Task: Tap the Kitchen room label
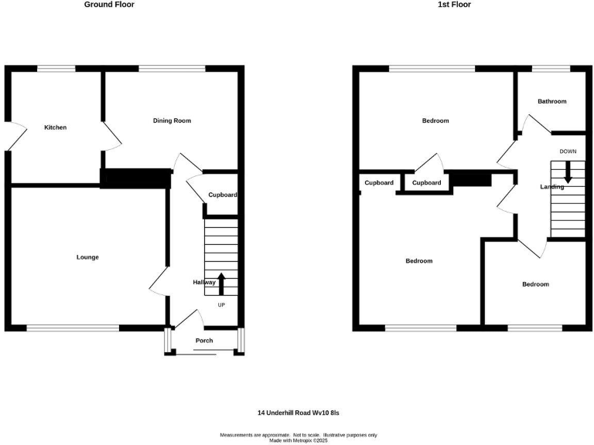pyautogui.click(x=55, y=127)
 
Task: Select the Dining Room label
pyautogui.click(x=172, y=121)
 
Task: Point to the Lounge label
pyautogui.click(x=87, y=257)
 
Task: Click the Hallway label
pyautogui.click(x=204, y=283)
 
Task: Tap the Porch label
pyautogui.click(x=204, y=341)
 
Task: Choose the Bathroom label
pyautogui.click(x=552, y=101)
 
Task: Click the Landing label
pyautogui.click(x=552, y=186)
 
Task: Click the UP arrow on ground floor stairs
pyautogui.click(x=222, y=284)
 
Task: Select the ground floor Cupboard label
pyautogui.click(x=222, y=195)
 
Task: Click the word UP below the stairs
pyautogui.click(x=221, y=305)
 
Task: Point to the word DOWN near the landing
pyautogui.click(x=568, y=151)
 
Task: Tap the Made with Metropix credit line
pyautogui.click(x=299, y=440)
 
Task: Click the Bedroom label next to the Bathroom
pyautogui.click(x=435, y=121)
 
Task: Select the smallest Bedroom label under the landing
pyautogui.click(x=535, y=284)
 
